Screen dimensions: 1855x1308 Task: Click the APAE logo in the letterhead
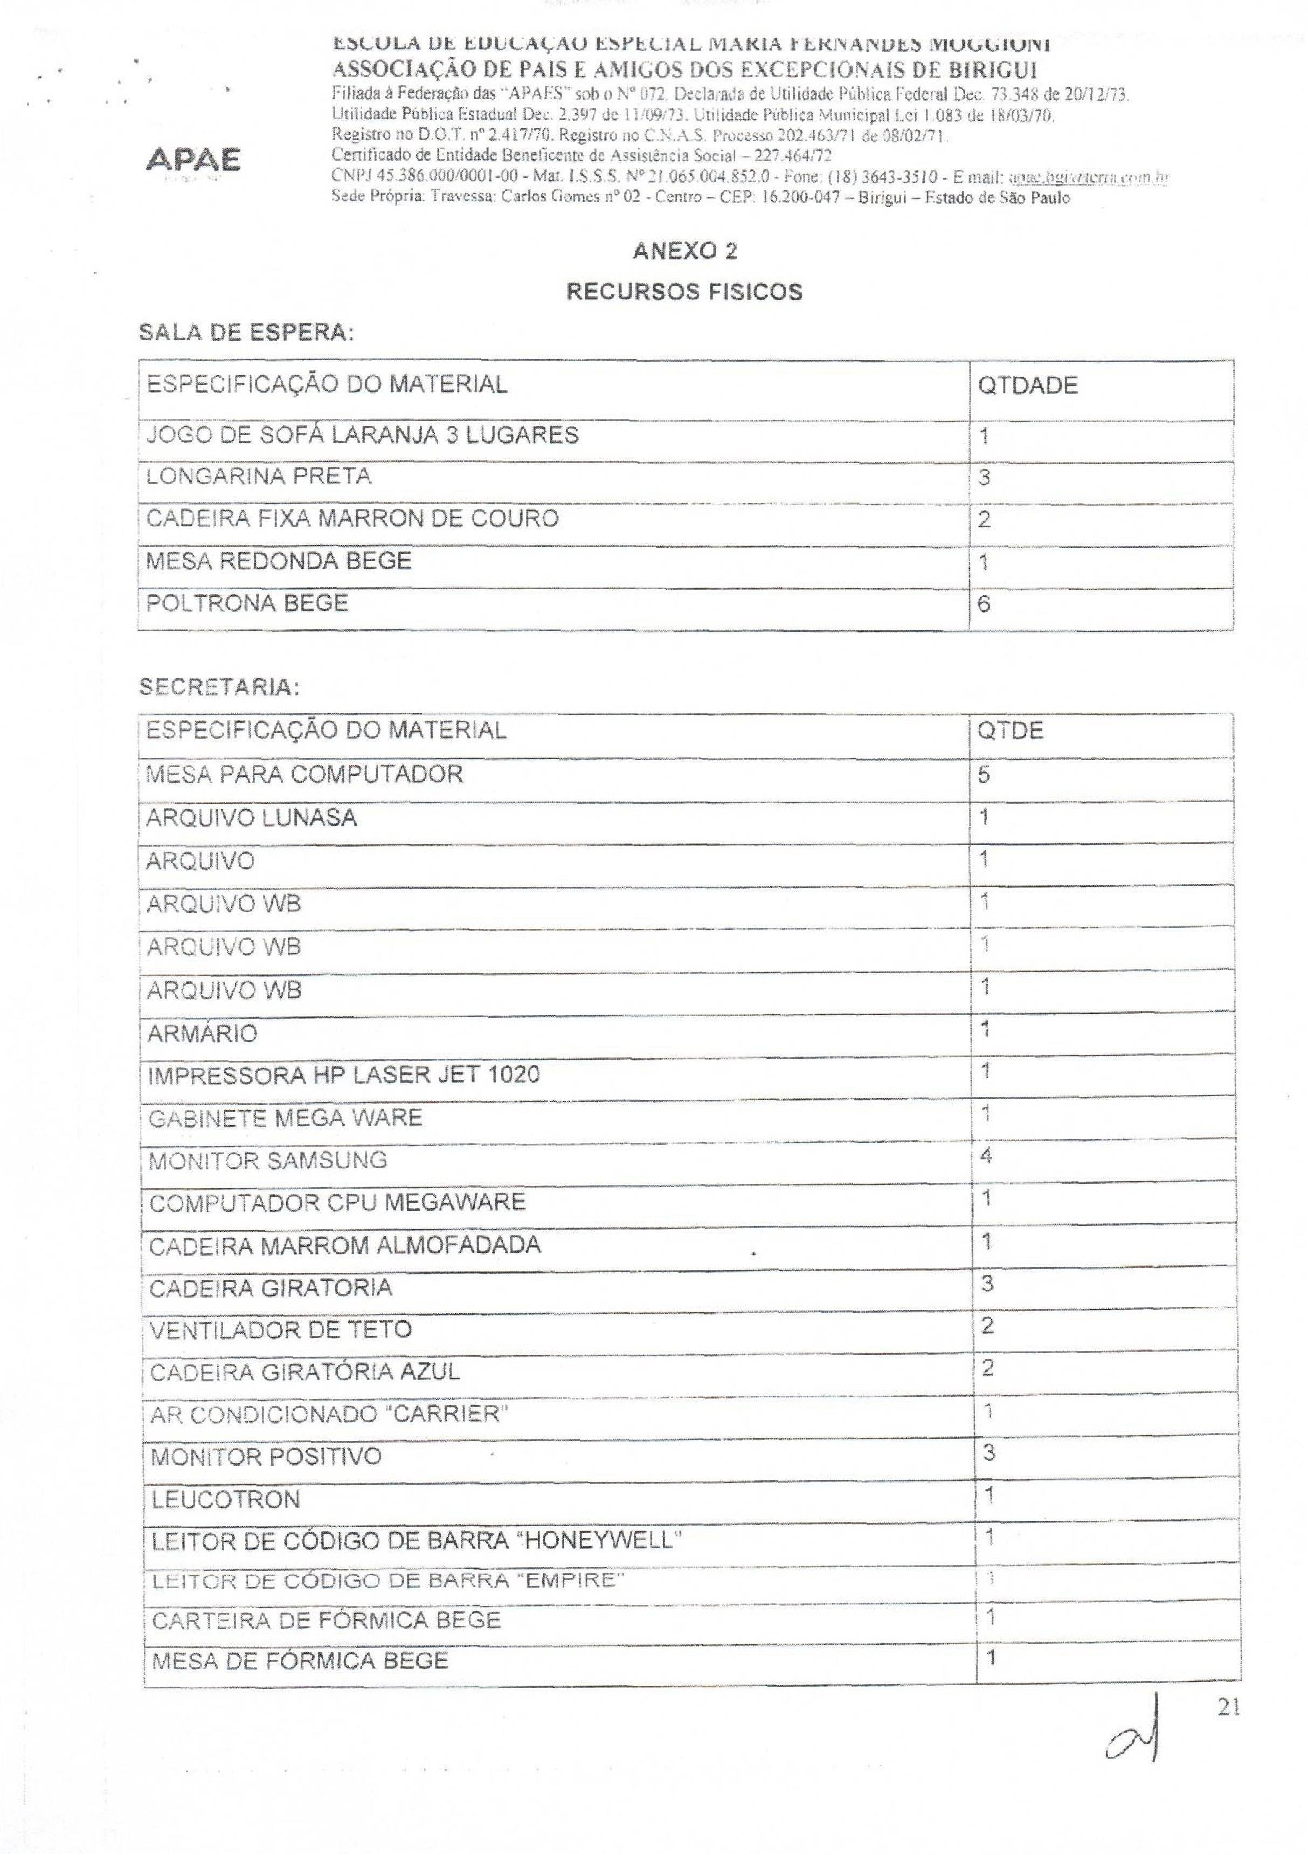(192, 160)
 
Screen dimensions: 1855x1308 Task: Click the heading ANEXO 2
(685, 251)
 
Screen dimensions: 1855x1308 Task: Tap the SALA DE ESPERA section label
(246, 333)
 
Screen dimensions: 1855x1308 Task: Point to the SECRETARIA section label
(220, 687)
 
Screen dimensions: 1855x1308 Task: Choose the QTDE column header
(1010, 731)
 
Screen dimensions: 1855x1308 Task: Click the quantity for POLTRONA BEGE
(984, 604)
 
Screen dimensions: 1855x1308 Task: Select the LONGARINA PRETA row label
(259, 476)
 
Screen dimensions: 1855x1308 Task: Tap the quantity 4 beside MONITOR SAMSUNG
(985, 1156)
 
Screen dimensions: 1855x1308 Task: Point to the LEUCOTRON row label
(225, 1500)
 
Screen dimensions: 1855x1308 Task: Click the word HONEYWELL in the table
(599, 1541)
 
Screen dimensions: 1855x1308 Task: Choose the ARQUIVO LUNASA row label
(251, 818)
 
